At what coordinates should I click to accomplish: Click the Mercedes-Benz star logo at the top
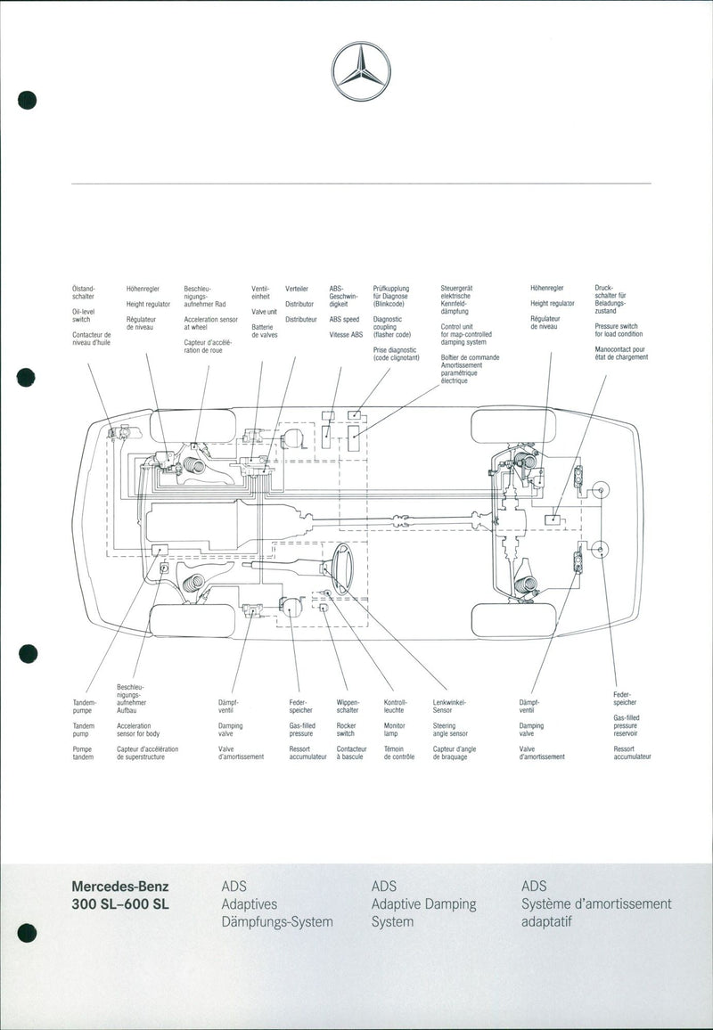(x=361, y=70)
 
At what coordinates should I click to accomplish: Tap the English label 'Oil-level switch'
(x=82, y=315)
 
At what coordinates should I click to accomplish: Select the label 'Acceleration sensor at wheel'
(x=211, y=323)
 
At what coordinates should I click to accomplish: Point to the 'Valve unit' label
(x=264, y=312)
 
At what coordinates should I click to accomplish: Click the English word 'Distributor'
(x=299, y=304)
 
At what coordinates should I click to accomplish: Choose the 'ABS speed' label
(x=344, y=319)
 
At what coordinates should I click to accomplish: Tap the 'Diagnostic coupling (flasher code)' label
(x=391, y=327)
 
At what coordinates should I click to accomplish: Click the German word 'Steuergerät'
(x=456, y=289)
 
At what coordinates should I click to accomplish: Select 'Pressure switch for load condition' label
(x=616, y=331)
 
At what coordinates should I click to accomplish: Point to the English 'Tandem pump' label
(x=83, y=730)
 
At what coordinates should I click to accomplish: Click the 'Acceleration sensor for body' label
(x=138, y=730)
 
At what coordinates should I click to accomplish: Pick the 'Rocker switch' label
(x=346, y=730)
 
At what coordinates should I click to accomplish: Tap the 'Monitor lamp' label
(x=394, y=730)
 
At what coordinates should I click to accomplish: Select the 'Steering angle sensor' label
(x=450, y=730)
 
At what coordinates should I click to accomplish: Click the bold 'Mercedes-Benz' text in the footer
(x=119, y=887)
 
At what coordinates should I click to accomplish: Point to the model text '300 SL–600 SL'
(x=120, y=903)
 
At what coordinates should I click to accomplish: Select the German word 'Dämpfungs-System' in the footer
(x=277, y=921)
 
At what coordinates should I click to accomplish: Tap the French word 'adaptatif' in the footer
(x=545, y=921)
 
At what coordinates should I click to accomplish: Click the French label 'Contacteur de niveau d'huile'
(x=91, y=339)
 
